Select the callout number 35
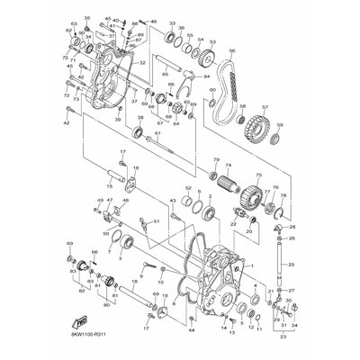coord(86,18)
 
